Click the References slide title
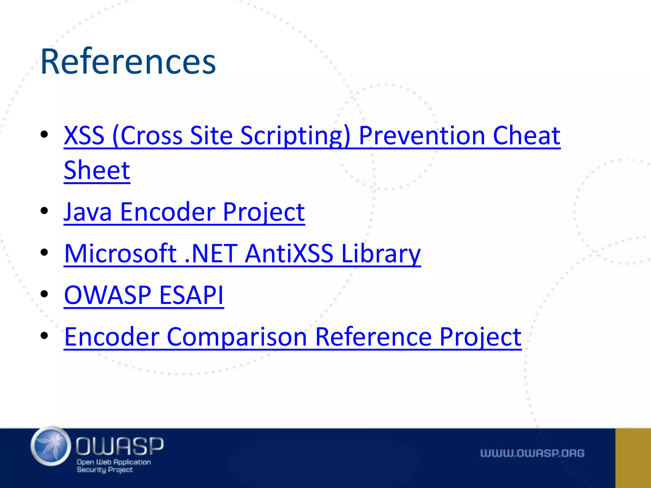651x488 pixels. click(128, 61)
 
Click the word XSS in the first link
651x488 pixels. click(84, 136)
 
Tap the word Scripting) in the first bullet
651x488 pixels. click(295, 136)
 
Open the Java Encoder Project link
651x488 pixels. click(184, 212)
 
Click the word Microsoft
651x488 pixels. click(120, 254)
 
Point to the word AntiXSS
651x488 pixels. click(289, 254)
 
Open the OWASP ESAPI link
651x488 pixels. click(144, 295)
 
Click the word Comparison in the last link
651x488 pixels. click(236, 337)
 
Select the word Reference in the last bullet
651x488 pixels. click(373, 337)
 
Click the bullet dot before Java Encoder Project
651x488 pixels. click(44, 211)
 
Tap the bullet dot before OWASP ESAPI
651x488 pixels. click(44, 294)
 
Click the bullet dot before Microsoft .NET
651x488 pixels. click(44, 252)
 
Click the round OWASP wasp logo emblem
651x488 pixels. click(51, 446)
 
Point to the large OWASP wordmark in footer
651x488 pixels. click(120, 445)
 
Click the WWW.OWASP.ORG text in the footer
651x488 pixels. click(532, 453)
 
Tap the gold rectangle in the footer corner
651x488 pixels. click(633, 458)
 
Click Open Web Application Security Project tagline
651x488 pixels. click(113, 466)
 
